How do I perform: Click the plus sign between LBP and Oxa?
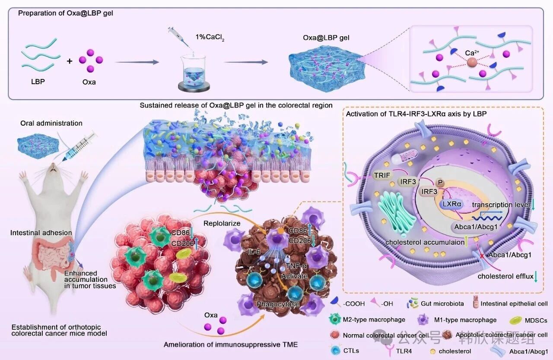[x=70, y=61]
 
